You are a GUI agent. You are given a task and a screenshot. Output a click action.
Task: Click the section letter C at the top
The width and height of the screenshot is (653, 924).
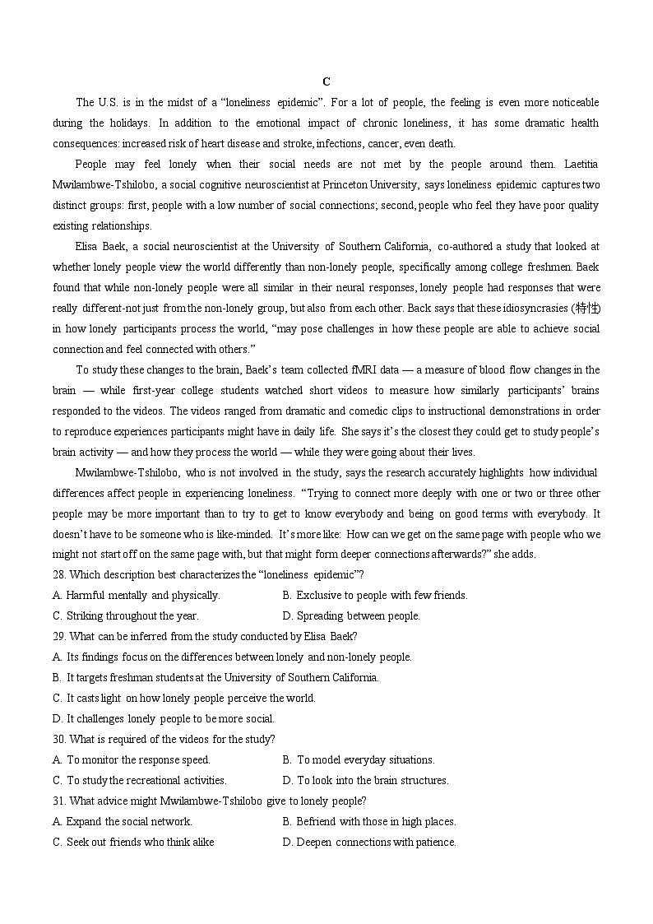tap(326, 81)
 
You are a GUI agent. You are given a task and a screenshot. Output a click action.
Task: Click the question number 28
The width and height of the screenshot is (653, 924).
tap(59, 575)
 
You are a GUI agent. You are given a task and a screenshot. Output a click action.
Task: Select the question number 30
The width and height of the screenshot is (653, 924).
tap(59, 740)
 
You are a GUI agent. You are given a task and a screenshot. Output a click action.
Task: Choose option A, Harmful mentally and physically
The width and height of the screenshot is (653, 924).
tap(136, 596)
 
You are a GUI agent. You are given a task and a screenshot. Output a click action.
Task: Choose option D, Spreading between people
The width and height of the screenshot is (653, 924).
tap(351, 616)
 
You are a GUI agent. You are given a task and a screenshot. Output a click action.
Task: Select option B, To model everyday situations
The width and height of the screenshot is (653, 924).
tap(359, 760)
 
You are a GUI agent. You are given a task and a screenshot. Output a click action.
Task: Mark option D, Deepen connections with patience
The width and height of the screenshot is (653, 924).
tap(369, 843)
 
